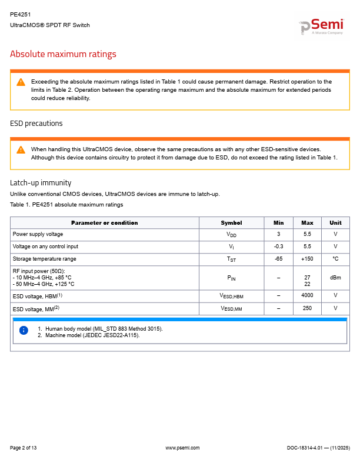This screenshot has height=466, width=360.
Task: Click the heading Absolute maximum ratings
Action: pyautogui.click(x=63, y=54)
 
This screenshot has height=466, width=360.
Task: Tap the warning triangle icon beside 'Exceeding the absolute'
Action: pyautogui.click(x=21, y=82)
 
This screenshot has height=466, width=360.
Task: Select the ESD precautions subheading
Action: pyautogui.click(x=36, y=124)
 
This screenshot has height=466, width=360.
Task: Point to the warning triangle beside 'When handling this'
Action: pyautogui.click(x=21, y=149)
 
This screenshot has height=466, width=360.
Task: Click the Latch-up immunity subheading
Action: pyautogui.click(x=41, y=182)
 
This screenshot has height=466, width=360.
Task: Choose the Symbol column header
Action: pyautogui.click(x=231, y=223)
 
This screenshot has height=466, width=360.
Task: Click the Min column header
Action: pyautogui.click(x=278, y=223)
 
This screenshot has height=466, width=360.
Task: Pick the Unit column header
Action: pyautogui.click(x=335, y=223)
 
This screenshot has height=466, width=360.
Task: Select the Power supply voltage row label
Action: pyautogui.click(x=38, y=234)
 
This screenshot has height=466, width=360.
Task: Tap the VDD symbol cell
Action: pyautogui.click(x=231, y=235)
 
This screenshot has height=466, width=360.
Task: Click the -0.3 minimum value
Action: pyautogui.click(x=278, y=247)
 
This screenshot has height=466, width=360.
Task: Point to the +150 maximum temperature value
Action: pyautogui.click(x=307, y=259)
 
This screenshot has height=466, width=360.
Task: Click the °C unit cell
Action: pyautogui.click(x=335, y=259)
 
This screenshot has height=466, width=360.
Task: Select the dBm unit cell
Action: pyautogui.click(x=335, y=277)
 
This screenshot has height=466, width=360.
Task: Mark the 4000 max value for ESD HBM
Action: pyautogui.click(x=307, y=295)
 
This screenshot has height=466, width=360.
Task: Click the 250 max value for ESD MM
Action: pyautogui.click(x=307, y=308)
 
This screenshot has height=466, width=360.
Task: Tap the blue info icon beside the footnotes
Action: pyautogui.click(x=24, y=331)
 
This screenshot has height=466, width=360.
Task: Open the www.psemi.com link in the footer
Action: pyautogui.click(x=183, y=448)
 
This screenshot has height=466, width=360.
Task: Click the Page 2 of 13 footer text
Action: pyautogui.click(x=24, y=448)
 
